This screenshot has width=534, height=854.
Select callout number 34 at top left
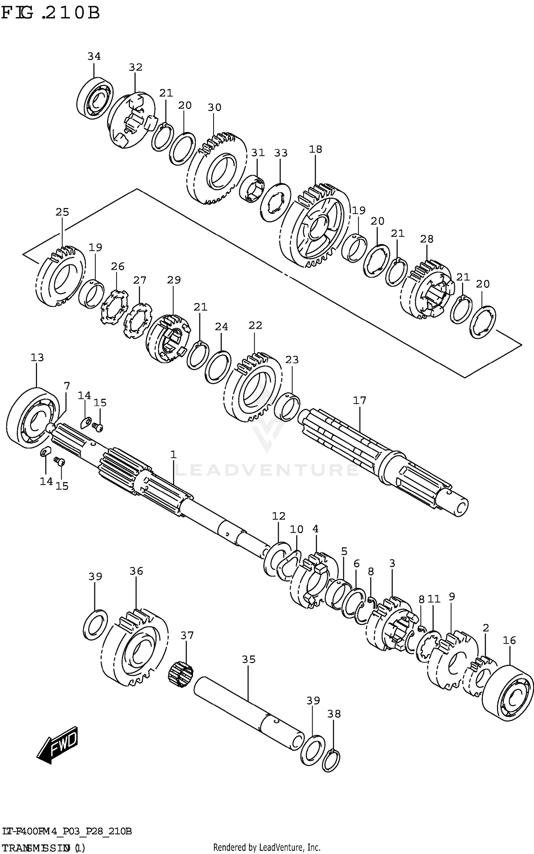click(94, 56)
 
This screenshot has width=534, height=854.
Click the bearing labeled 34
click(95, 98)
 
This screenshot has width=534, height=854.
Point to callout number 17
click(360, 400)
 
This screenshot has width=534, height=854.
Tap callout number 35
click(249, 660)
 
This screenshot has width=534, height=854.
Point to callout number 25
click(62, 212)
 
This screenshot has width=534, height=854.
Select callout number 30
click(214, 107)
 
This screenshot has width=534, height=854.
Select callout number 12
click(279, 516)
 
